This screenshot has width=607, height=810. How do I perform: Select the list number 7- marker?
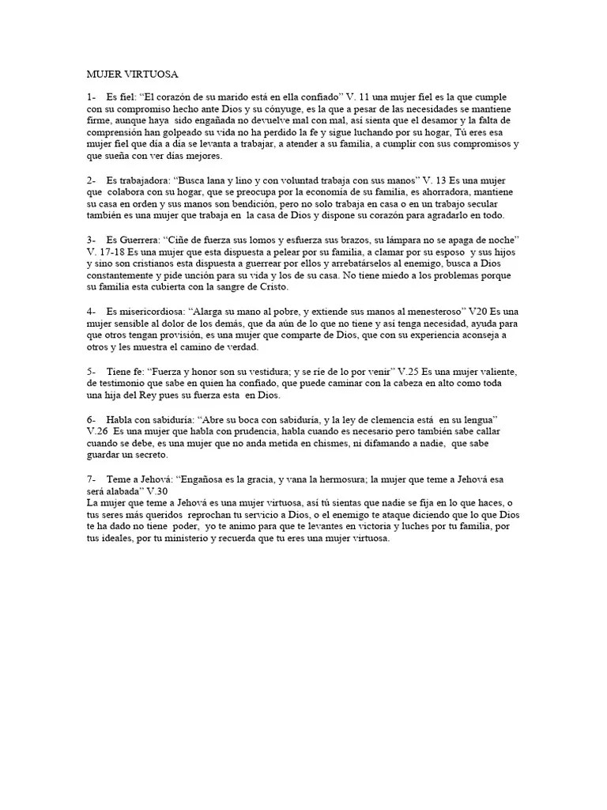(92, 479)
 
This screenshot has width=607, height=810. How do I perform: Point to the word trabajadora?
(149, 180)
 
